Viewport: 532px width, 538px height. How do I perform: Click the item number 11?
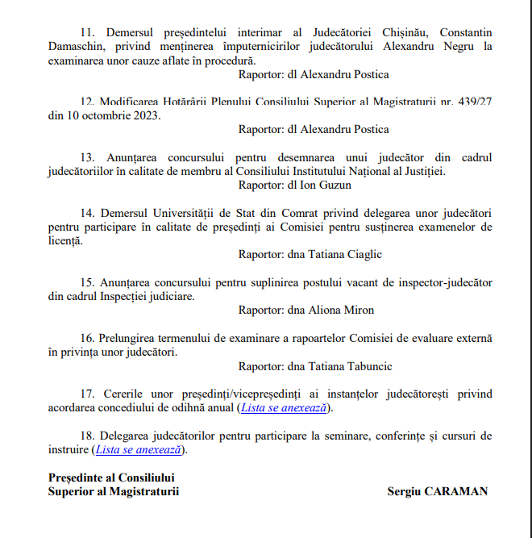tap(86, 33)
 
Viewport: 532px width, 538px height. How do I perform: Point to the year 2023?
tap(147, 115)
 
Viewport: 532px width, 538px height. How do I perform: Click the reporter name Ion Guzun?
tap(322, 184)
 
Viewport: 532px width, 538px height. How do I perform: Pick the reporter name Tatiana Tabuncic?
tap(348, 366)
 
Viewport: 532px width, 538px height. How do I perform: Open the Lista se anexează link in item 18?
tap(138, 450)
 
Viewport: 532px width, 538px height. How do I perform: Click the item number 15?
tap(87, 282)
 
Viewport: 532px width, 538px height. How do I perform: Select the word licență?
tap(65, 240)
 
